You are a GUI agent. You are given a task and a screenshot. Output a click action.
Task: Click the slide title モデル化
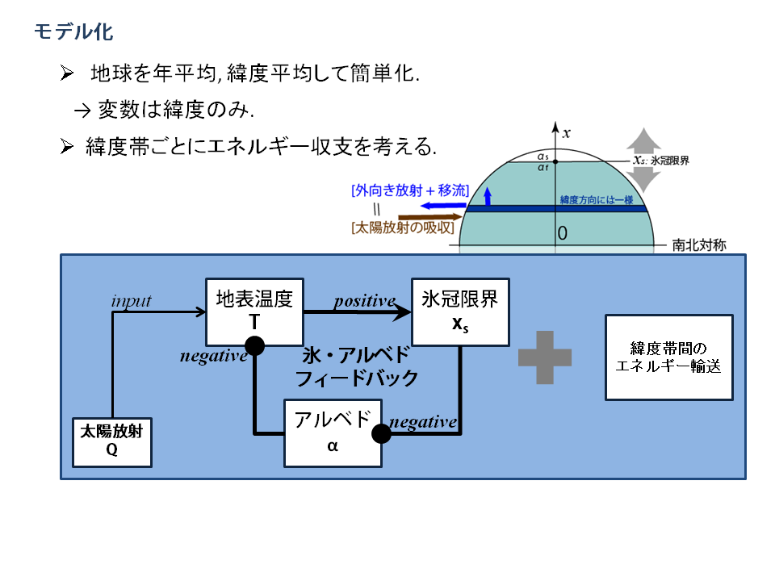pos(73,32)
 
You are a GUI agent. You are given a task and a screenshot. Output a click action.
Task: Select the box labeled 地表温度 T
pos(254,311)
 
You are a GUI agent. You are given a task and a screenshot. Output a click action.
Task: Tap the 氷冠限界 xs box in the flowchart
pos(460,311)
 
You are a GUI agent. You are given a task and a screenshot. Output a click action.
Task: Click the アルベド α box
pos(333,433)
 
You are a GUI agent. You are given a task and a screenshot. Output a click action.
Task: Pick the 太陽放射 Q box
pos(112,442)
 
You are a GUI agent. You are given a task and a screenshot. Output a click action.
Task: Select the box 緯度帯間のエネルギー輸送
pos(668,357)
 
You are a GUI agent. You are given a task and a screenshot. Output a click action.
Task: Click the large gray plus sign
pos(545,357)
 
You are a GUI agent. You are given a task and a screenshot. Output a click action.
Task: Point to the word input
pos(131,301)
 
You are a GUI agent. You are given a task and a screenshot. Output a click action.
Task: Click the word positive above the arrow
pos(365,301)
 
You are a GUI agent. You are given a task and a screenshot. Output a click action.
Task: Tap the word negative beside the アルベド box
pos(423,422)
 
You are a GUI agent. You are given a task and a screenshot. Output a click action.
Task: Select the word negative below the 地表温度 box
pos(214,356)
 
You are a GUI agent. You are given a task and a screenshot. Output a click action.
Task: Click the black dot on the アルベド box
pos(381,433)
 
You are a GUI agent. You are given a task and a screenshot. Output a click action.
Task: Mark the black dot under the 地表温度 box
pos(254,346)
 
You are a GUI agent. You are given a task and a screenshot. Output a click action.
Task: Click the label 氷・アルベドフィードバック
pos(357,366)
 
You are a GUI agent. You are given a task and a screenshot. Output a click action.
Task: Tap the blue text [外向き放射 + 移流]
pos(410,190)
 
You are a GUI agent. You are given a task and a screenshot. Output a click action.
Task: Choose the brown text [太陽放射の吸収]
pos(402,228)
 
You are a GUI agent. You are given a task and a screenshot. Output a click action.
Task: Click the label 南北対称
pos(699,245)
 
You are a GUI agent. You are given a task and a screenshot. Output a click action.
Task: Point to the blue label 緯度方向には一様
pos(597,199)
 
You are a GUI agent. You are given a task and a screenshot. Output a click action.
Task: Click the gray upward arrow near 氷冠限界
pos(643,139)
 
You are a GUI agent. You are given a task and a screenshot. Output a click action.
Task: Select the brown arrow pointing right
pos(429,217)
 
